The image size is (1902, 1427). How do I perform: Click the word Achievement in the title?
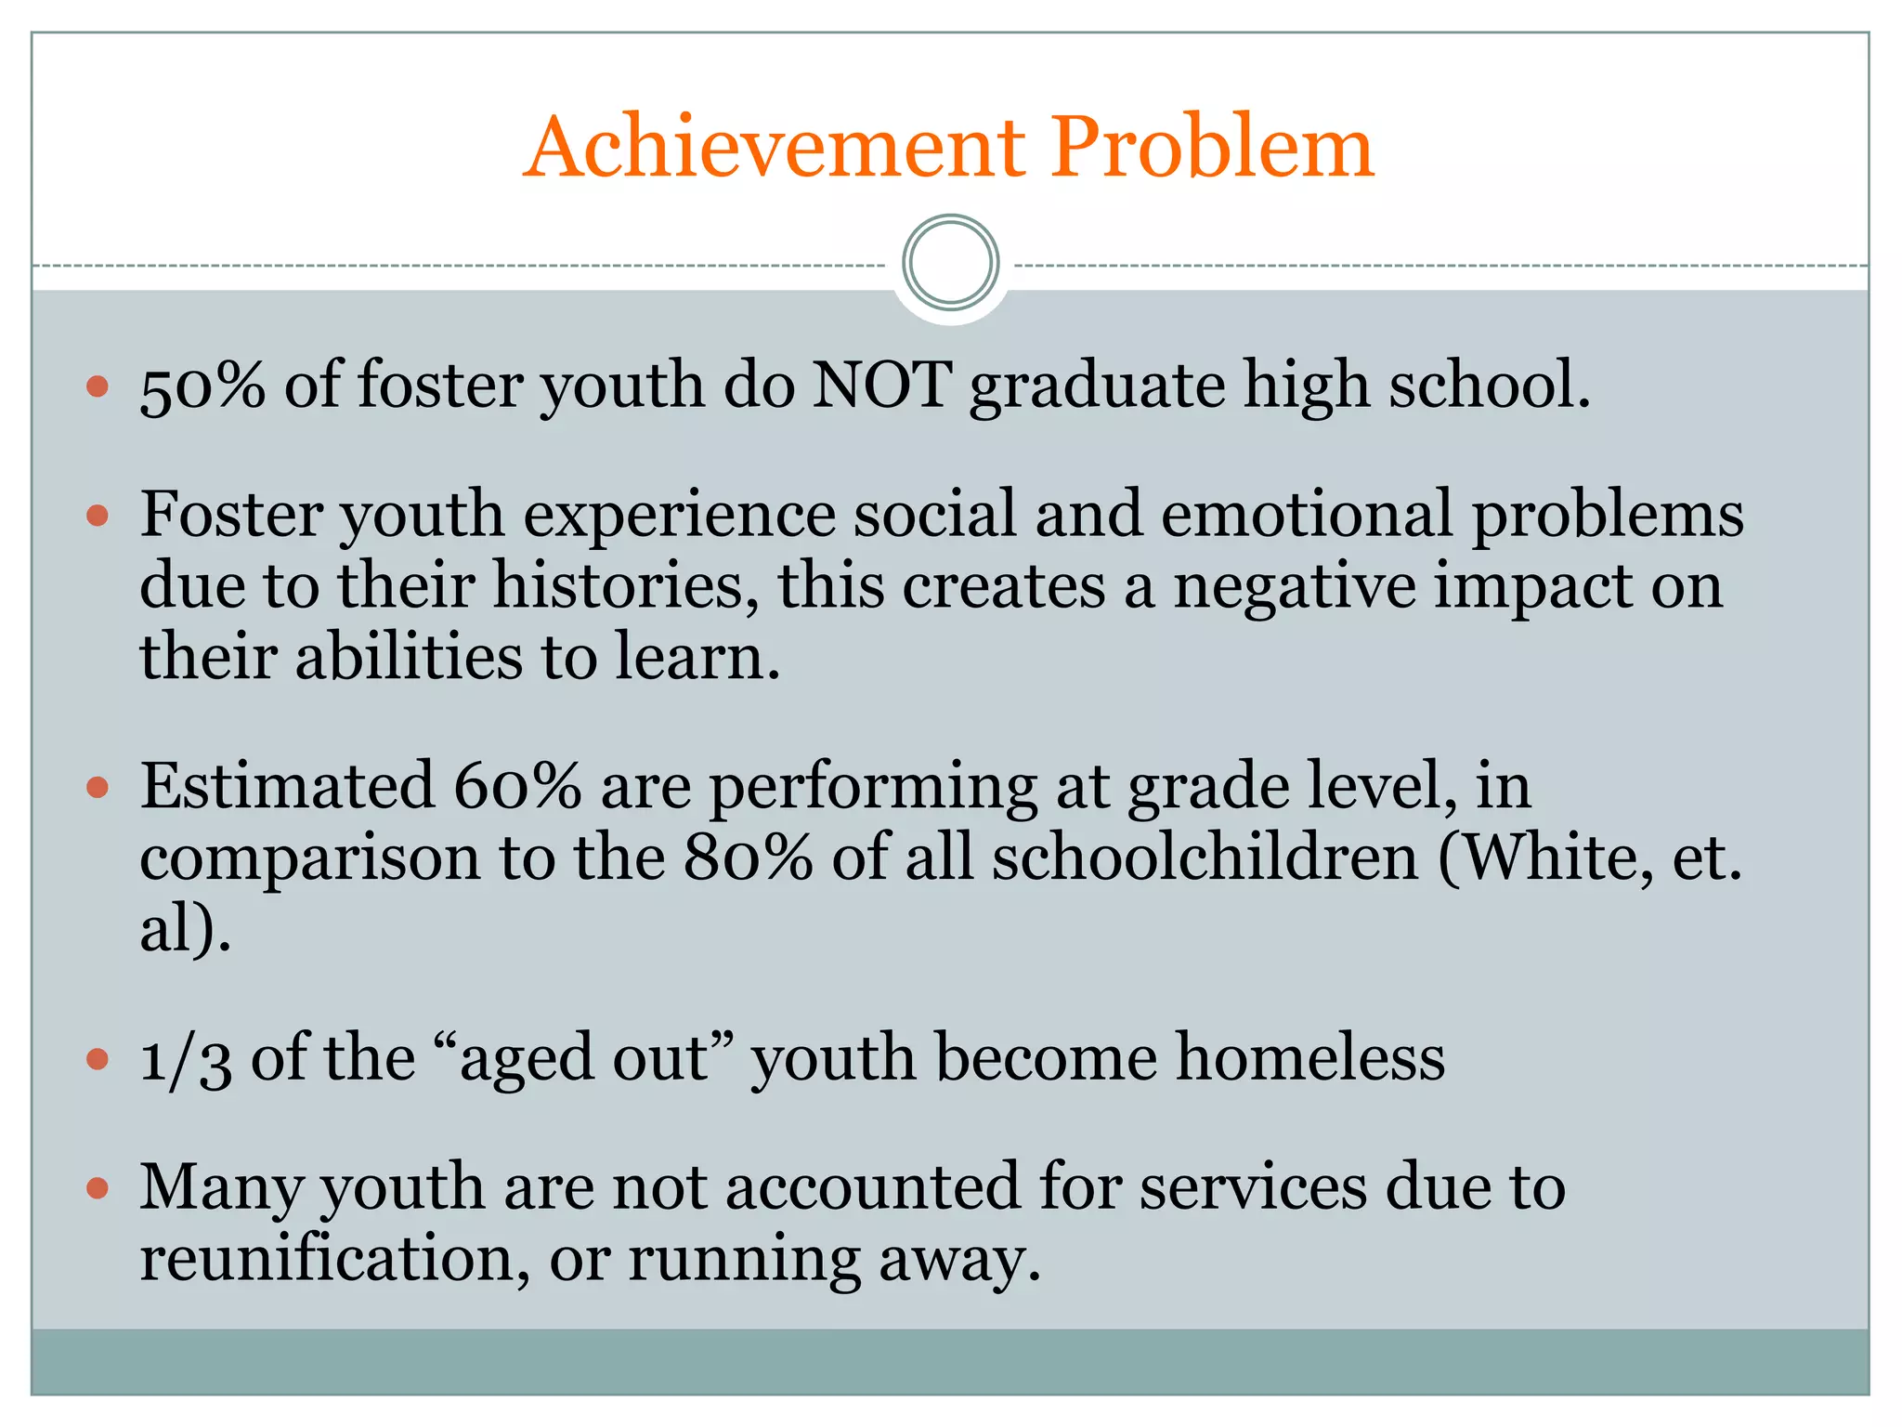tap(775, 148)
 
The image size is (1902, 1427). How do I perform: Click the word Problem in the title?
tap(1211, 148)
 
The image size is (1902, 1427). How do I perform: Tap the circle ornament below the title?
tap(950, 263)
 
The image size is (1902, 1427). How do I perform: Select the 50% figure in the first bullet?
tap(202, 385)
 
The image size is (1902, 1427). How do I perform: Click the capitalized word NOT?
tap(881, 385)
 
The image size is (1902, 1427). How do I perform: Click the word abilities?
tap(409, 657)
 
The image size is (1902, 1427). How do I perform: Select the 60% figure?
tap(517, 786)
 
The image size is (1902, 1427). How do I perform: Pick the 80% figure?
tap(749, 857)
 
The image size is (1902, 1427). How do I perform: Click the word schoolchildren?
tap(1205, 857)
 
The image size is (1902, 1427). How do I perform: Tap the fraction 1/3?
tap(185, 1059)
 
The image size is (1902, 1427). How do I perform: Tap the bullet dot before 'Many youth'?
tap(98, 1187)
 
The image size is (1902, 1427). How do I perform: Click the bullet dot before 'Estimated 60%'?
tap(98, 788)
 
